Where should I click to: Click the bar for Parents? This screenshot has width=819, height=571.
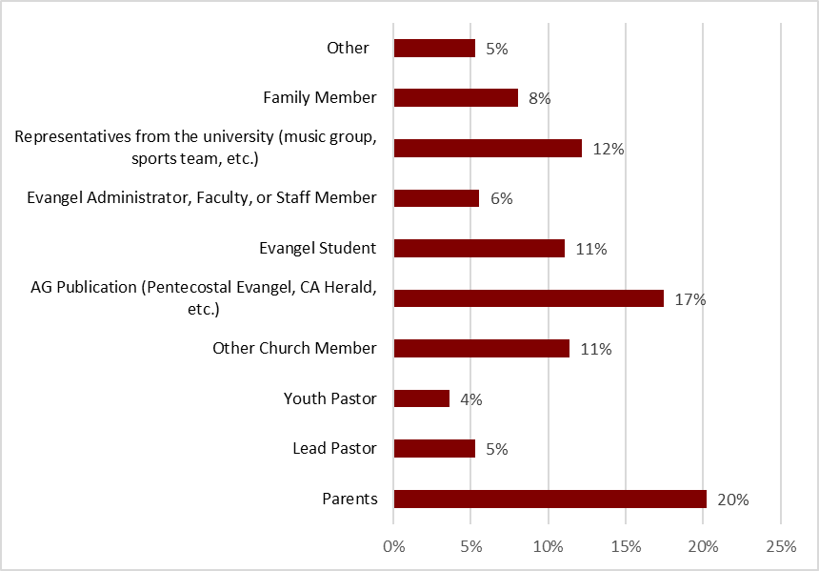[x=549, y=499]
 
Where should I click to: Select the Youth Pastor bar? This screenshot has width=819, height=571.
[x=421, y=398]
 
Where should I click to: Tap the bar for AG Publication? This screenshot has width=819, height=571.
[x=529, y=298]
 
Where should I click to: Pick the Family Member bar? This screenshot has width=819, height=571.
[x=455, y=97]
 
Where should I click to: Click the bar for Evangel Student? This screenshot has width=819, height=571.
[x=479, y=248]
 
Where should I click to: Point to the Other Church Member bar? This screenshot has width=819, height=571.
[x=481, y=349]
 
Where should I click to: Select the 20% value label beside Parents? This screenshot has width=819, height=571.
[x=734, y=499]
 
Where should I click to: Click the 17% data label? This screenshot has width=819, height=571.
[x=690, y=299]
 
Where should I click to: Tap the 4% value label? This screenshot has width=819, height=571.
[x=471, y=399]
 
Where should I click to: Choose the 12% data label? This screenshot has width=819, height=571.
[x=609, y=149]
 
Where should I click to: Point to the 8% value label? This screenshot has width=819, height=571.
[x=540, y=98]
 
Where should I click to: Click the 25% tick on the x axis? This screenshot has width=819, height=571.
[x=780, y=546]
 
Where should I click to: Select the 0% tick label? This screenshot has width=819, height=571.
[x=393, y=546]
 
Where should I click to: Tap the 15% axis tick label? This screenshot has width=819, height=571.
[x=626, y=546]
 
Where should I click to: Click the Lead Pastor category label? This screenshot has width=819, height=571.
[x=334, y=448]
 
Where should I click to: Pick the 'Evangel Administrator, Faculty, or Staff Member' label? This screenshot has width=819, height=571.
[x=202, y=197]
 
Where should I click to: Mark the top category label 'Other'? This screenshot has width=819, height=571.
[x=348, y=48]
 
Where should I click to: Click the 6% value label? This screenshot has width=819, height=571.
[x=501, y=198]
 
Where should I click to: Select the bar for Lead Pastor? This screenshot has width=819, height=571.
[x=434, y=448]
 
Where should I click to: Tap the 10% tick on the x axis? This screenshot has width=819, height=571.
[x=548, y=546]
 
